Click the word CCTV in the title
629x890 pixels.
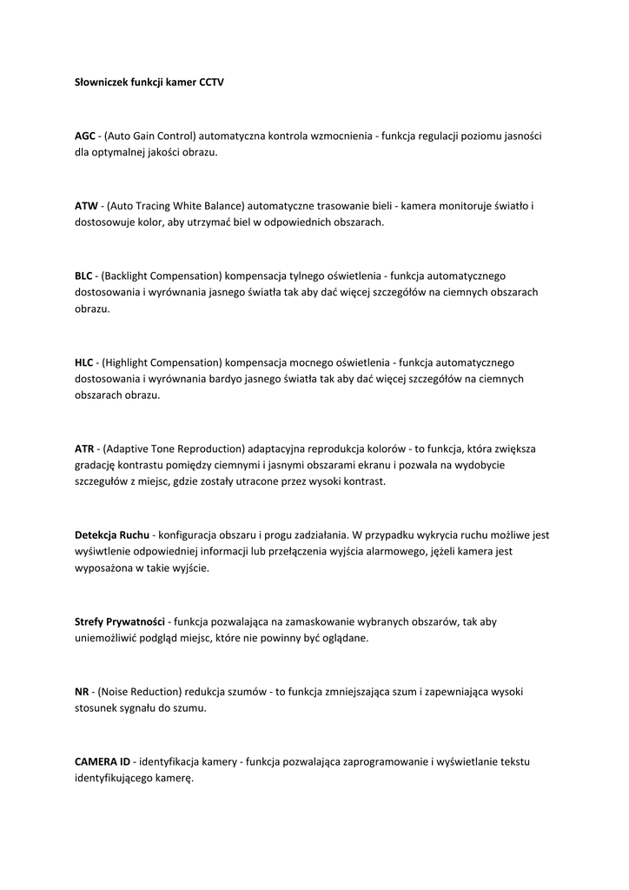(211, 83)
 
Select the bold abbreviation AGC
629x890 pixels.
(85, 136)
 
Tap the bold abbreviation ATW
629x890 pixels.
(86, 206)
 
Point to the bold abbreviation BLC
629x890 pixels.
(84, 276)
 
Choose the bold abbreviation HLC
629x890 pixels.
(84, 362)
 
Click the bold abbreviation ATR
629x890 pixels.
(84, 448)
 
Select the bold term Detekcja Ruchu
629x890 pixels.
(112, 535)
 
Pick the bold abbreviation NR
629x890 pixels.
(82, 691)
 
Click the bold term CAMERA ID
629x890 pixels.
(103, 761)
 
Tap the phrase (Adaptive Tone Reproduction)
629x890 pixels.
(174, 448)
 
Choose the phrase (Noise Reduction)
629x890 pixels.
(140, 691)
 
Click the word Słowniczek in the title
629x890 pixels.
(101, 83)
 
